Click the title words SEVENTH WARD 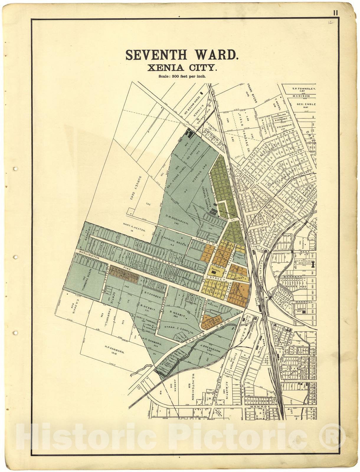pyautogui.click(x=182, y=55)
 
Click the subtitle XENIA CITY pyautogui.click(x=182, y=68)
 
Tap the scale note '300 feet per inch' pyautogui.click(x=182, y=76)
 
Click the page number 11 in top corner pyautogui.click(x=336, y=13)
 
